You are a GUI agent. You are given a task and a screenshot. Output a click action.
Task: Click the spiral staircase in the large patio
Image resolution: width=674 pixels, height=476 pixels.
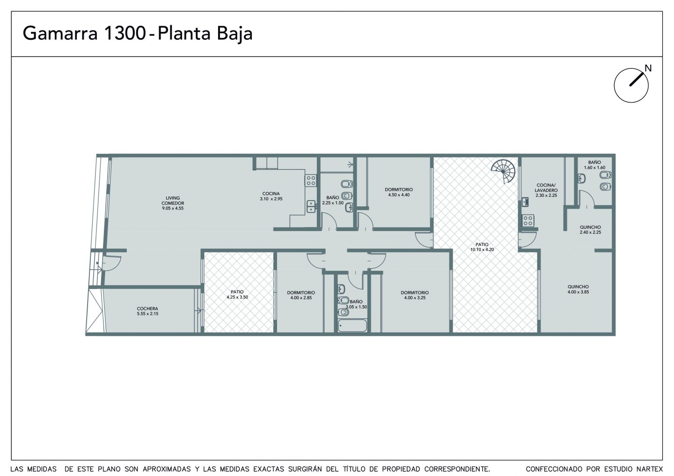click(504, 171)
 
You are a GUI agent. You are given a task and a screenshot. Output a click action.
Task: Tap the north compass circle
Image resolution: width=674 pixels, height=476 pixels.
click(631, 86)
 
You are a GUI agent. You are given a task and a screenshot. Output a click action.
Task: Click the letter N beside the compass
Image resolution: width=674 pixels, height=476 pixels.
click(648, 69)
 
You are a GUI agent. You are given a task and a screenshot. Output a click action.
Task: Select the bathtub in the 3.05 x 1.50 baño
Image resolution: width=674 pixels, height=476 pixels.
click(352, 326)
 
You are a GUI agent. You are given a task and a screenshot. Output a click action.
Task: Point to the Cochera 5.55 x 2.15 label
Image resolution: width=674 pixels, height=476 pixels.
click(147, 311)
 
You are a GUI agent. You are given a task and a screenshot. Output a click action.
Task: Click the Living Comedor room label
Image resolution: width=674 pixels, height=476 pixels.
click(173, 203)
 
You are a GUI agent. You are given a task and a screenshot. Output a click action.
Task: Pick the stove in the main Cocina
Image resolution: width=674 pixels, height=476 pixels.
click(311, 180)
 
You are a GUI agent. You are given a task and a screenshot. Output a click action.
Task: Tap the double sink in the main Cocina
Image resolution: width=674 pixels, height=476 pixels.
click(311, 207)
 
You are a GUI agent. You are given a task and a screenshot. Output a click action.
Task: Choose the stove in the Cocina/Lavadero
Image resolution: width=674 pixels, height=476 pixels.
click(528, 220)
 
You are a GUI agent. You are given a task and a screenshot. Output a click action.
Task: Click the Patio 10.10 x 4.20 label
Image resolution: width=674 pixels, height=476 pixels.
click(482, 247)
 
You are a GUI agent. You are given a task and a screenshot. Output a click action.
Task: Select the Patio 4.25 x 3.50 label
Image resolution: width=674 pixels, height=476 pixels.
click(237, 295)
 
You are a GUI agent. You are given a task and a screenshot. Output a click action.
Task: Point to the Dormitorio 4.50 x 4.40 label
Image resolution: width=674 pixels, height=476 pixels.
click(399, 192)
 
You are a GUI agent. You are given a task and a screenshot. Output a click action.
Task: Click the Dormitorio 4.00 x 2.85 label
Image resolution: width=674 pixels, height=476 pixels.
click(301, 295)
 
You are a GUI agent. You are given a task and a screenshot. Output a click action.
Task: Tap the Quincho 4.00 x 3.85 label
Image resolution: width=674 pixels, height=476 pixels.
click(579, 289)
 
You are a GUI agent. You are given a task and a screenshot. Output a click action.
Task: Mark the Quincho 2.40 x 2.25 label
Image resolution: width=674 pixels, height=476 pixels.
click(590, 230)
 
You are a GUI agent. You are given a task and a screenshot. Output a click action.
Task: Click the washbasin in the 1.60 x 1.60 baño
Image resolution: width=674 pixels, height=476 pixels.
click(582, 179)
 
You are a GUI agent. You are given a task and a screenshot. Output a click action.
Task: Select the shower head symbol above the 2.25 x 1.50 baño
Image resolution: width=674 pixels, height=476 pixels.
click(350, 165)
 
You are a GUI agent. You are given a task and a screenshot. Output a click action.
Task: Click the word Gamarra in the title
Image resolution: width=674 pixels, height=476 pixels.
click(60, 33)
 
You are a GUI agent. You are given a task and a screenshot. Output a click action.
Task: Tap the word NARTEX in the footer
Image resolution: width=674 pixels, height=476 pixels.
click(650, 469)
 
